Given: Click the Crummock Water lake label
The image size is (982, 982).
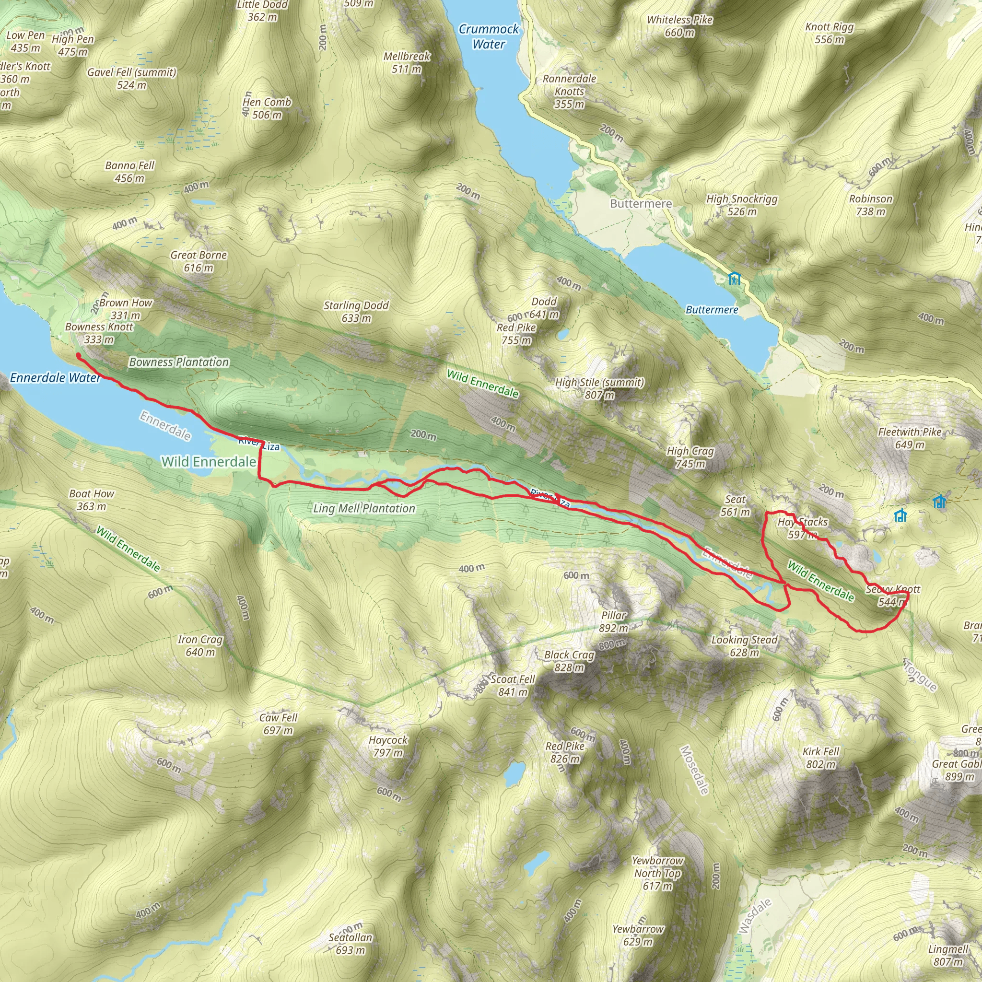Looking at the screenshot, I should (x=489, y=36).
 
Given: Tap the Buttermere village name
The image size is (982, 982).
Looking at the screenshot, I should (x=641, y=204).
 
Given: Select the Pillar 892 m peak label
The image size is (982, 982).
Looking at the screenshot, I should (x=613, y=621).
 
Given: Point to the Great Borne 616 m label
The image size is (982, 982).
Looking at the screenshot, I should (x=199, y=261).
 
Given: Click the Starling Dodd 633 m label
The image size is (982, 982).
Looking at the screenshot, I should (x=356, y=312).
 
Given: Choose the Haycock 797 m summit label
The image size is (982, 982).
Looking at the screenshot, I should (x=388, y=746).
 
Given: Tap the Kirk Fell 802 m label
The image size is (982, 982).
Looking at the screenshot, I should (x=821, y=757).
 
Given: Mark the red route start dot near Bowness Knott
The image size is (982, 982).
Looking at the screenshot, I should (x=78, y=356).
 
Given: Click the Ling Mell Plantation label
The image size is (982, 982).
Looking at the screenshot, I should (x=364, y=508).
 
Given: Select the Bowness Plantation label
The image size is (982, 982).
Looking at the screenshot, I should (x=179, y=362).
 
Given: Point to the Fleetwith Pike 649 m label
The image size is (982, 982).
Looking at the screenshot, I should (x=909, y=438).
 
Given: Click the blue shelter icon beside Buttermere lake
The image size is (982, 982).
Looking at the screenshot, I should (x=734, y=278).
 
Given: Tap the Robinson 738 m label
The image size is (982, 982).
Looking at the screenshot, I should (x=871, y=205).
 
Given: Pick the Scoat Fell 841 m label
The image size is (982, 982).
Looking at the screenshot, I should (x=513, y=685).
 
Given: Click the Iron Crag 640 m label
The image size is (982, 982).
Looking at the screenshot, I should (x=200, y=645).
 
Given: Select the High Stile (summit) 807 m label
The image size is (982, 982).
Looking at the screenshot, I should (x=599, y=388).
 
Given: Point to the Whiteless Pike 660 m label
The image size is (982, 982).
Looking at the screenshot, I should (x=679, y=26).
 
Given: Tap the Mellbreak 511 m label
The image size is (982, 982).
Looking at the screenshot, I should (x=407, y=62).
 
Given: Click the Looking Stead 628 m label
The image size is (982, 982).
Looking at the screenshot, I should (x=744, y=645).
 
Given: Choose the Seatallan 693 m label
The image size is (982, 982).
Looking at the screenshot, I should (x=350, y=943).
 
